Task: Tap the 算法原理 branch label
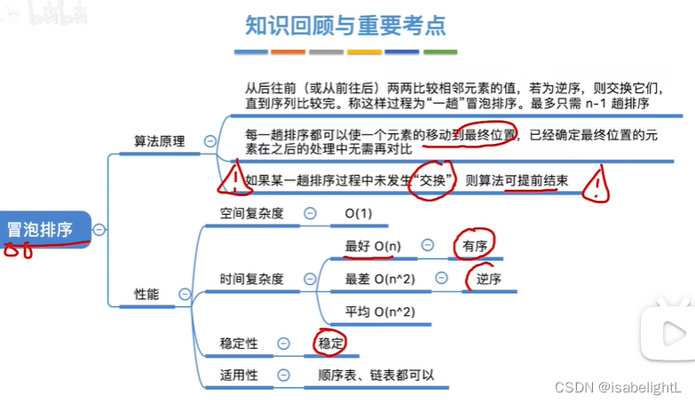point(160,141)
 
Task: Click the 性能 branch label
point(146,294)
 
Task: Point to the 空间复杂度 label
point(251,213)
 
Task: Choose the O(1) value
point(359,213)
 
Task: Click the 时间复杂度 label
point(251,279)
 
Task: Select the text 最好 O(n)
point(373,245)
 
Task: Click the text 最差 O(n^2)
point(380,279)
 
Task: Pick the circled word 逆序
point(488,279)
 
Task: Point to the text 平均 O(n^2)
point(380,311)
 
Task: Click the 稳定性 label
point(239,343)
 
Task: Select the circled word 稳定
point(330,343)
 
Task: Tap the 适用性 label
point(239,375)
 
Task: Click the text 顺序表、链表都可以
point(376,375)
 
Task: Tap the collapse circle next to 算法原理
point(210,141)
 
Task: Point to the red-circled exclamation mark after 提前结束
point(600,185)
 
